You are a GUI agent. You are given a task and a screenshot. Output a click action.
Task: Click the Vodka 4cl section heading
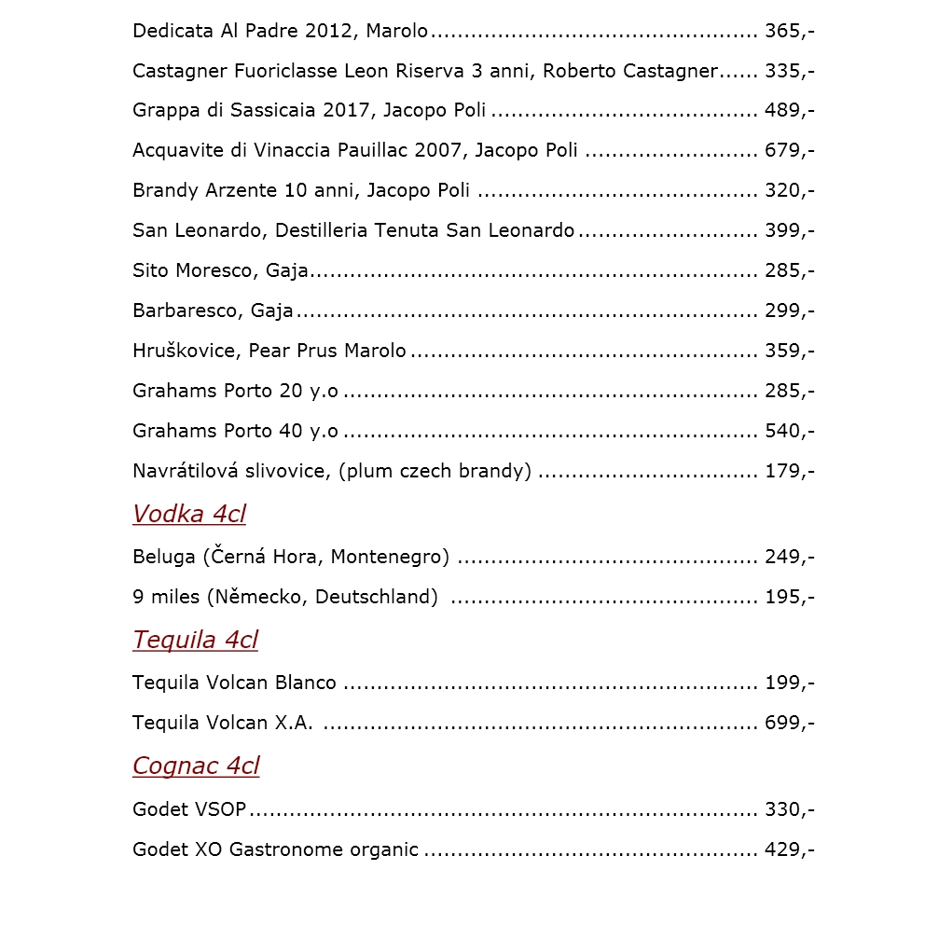(189, 514)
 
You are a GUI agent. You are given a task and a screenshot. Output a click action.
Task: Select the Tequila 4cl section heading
(195, 640)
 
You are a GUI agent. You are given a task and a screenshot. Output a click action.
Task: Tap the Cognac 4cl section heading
(196, 766)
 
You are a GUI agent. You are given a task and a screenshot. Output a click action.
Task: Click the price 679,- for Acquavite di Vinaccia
(789, 150)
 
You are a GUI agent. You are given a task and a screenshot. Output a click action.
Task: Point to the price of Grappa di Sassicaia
(789, 110)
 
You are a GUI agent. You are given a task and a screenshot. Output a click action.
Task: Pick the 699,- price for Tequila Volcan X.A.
(789, 723)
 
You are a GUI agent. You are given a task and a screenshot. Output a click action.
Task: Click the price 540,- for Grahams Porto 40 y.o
(789, 431)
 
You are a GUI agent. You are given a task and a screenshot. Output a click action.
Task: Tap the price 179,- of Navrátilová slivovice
(789, 471)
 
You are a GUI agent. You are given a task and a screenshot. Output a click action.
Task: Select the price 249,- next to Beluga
(789, 557)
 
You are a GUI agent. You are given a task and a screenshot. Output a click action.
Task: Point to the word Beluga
(164, 557)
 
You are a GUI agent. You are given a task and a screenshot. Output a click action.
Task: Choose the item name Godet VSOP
(189, 809)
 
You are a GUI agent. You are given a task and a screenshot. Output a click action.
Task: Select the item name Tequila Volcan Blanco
(234, 683)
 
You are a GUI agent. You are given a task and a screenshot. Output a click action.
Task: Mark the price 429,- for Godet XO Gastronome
(789, 849)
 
